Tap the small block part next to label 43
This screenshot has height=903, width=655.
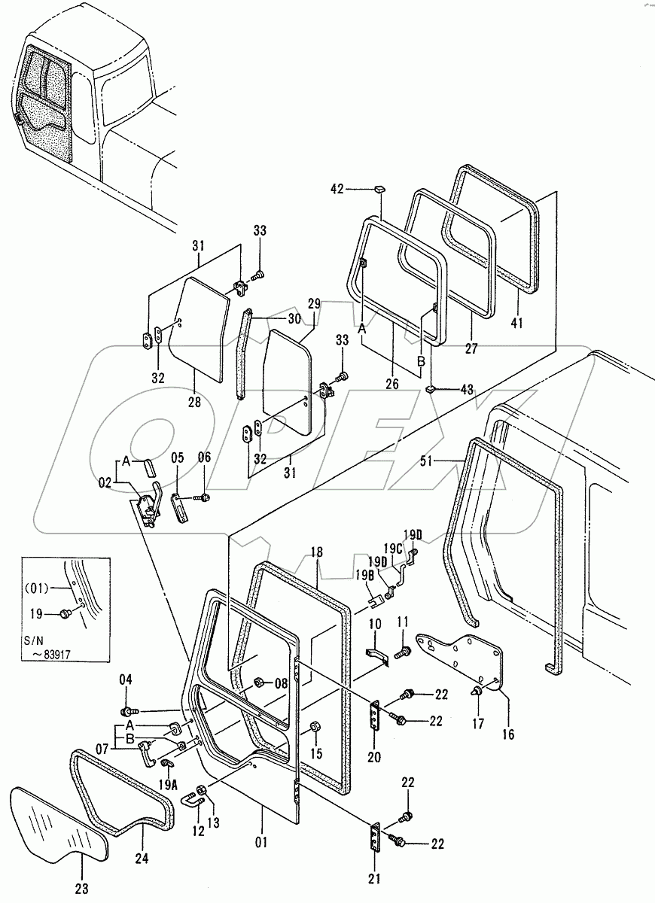coord(431,388)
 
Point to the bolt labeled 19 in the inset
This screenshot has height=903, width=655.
coord(64,615)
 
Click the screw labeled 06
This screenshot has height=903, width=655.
coord(204,497)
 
